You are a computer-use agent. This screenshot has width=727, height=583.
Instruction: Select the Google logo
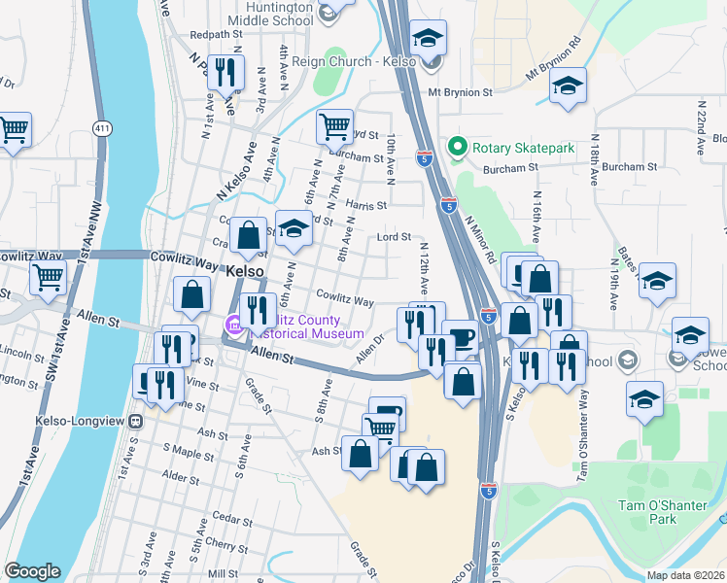point(32,571)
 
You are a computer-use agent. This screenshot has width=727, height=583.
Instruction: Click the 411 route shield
point(102,128)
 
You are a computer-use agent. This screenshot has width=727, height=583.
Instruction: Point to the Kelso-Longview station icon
point(136,422)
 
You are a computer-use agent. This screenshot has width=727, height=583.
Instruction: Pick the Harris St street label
point(366,206)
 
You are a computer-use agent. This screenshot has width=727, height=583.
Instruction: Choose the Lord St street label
point(395,236)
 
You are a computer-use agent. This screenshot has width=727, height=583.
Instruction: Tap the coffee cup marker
point(460,337)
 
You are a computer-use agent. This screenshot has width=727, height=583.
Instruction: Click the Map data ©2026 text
point(686,575)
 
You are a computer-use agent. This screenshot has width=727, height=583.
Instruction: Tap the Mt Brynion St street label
point(462,93)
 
